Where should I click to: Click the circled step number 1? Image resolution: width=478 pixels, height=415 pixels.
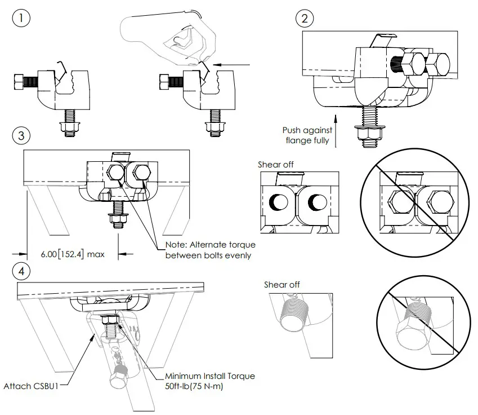click(21, 18)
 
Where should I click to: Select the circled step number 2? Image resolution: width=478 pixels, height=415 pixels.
click(305, 18)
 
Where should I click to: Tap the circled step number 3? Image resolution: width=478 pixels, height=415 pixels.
click(21, 136)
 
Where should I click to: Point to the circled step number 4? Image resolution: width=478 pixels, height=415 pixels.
click(21, 271)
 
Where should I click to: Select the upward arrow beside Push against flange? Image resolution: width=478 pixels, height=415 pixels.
click(336, 130)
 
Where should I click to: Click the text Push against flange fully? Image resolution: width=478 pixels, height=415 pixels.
click(307, 135)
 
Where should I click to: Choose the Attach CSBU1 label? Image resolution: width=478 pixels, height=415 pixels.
click(35, 386)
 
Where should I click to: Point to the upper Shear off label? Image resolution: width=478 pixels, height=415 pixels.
click(276, 165)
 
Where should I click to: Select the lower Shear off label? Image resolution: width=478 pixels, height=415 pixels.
click(282, 285)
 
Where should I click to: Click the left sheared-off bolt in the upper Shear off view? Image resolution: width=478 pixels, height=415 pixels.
click(279, 201)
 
